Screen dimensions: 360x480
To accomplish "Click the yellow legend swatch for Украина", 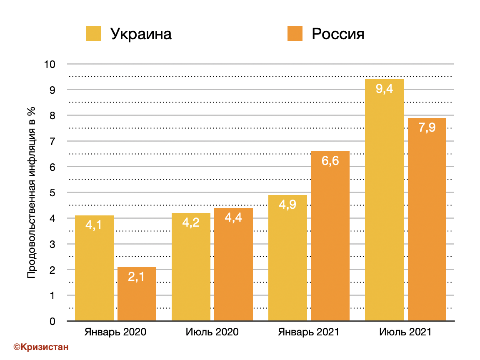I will point(94,34).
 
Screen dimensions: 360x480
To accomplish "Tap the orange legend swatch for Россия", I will point(295,34).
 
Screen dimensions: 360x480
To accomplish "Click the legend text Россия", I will point(338,34).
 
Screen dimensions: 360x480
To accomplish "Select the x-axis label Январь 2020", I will point(115,332).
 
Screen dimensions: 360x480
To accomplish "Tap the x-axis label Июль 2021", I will point(405,332).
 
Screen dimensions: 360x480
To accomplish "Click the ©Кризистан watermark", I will point(41,347).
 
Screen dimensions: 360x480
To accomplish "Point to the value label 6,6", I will point(330,161).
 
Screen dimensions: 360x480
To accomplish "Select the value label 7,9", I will point(427,127).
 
